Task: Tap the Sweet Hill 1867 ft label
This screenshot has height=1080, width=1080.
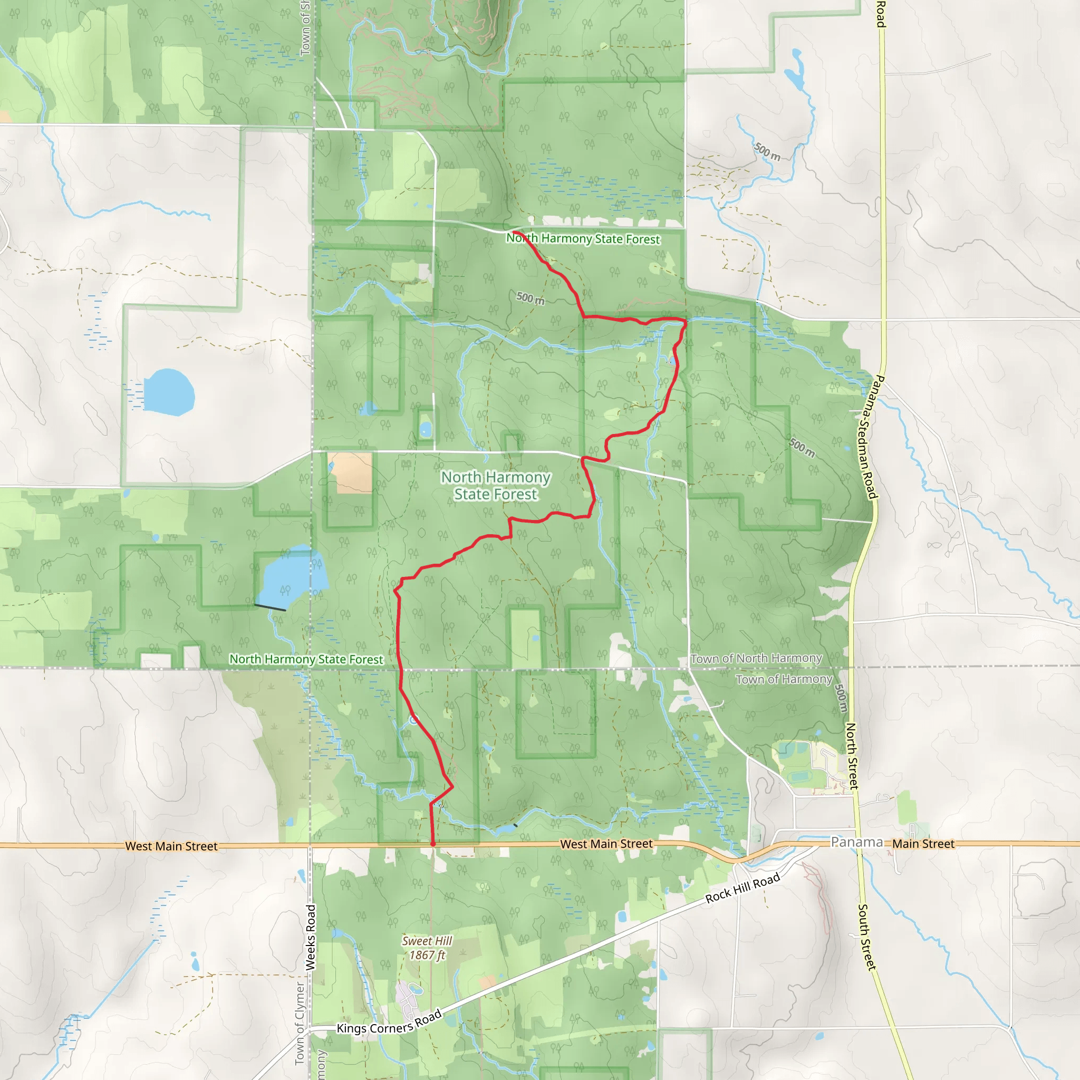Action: click(x=427, y=948)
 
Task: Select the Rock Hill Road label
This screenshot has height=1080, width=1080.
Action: click(x=742, y=888)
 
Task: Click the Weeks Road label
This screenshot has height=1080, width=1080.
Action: click(x=311, y=937)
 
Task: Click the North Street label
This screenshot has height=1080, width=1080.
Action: click(x=851, y=756)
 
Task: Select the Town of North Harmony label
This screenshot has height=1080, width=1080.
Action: click(x=756, y=659)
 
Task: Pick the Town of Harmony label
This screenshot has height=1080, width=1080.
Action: click(x=784, y=679)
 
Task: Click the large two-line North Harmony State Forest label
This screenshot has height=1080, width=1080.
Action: click(x=496, y=485)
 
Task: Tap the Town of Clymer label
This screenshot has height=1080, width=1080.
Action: click(x=300, y=1023)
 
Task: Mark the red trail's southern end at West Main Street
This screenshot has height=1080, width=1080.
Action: click(x=433, y=844)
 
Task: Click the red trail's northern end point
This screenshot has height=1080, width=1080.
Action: click(x=514, y=232)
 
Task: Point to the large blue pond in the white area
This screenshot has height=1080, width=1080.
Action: click(x=169, y=392)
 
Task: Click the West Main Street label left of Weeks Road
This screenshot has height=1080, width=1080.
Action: click(x=171, y=846)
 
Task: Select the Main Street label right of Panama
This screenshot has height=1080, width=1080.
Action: click(x=923, y=844)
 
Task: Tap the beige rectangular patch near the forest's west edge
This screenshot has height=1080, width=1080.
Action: click(x=351, y=473)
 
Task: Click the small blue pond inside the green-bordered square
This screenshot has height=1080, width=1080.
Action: click(x=426, y=429)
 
